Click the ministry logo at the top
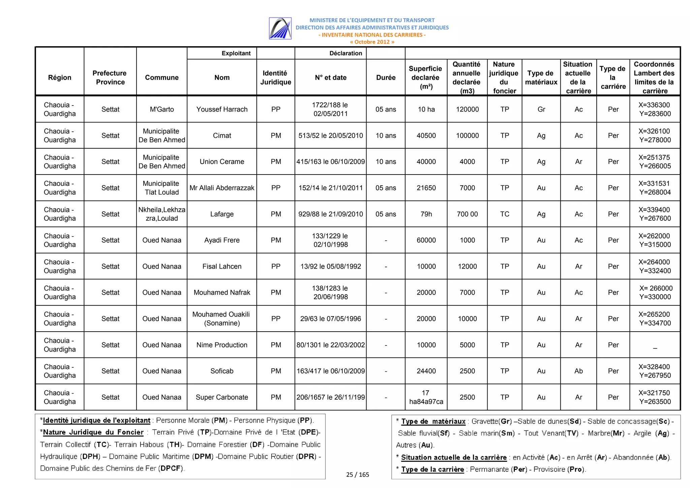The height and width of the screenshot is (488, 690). pyautogui.click(x=280, y=28)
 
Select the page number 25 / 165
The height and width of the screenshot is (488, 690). pyautogui.click(x=357, y=475)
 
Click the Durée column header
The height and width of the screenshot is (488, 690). pyautogui.click(x=385, y=78)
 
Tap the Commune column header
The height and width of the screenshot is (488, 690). pyautogui.click(x=162, y=78)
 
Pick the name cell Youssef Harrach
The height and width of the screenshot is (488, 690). pyautogui.click(x=222, y=109)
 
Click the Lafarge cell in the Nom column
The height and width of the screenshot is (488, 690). pyautogui.click(x=222, y=214)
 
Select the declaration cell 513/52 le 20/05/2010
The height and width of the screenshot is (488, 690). pyautogui.click(x=331, y=135)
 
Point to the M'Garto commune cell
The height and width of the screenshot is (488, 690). pyautogui.click(x=162, y=109)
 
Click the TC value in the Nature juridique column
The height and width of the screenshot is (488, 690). pyautogui.click(x=504, y=214)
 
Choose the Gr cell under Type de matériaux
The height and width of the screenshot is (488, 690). pyautogui.click(x=541, y=109)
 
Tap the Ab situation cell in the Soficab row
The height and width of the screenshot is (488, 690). pyautogui.click(x=578, y=371)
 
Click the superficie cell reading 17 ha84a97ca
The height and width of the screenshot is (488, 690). pyautogui.click(x=426, y=397)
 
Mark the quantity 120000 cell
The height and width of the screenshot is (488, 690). pyautogui.click(x=467, y=109)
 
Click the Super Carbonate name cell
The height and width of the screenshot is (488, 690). pyautogui.click(x=222, y=397)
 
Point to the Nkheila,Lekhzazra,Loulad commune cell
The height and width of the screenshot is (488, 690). pyautogui.click(x=162, y=214)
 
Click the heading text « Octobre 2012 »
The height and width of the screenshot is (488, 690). pyautogui.click(x=372, y=42)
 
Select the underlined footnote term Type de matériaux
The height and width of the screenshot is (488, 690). pyautogui.click(x=433, y=421)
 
